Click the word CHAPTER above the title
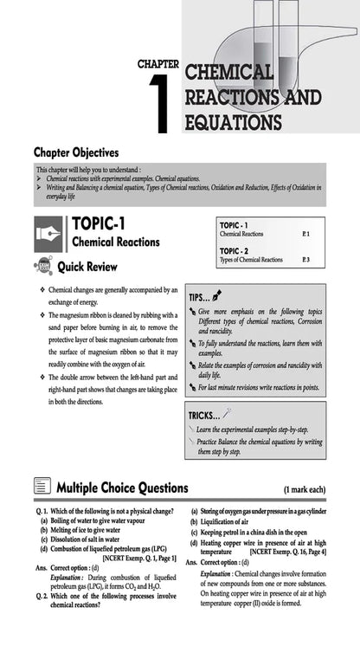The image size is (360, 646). point(158,64)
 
